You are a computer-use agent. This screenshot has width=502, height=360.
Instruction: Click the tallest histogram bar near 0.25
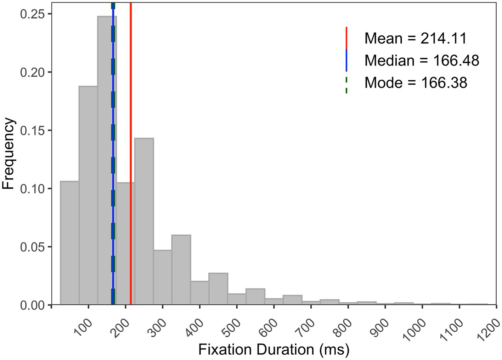click(x=103, y=159)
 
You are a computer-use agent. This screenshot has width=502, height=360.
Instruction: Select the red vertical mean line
click(x=131, y=106)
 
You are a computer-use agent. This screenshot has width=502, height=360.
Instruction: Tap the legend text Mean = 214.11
click(x=416, y=38)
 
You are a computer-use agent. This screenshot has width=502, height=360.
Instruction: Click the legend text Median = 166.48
click(x=422, y=61)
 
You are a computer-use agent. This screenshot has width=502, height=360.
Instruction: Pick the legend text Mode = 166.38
click(x=416, y=83)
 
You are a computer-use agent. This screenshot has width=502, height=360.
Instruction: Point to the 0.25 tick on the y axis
click(x=31, y=14)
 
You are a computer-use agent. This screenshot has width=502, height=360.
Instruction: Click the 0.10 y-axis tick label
click(x=31, y=189)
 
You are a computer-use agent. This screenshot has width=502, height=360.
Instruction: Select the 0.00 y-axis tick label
click(x=31, y=305)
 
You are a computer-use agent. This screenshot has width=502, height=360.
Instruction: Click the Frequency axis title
click(x=9, y=154)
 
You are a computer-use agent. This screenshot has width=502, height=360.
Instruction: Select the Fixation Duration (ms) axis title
click(x=273, y=350)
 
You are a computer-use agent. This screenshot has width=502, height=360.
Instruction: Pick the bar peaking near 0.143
click(x=144, y=221)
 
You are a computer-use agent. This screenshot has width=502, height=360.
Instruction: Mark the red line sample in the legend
click(x=346, y=38)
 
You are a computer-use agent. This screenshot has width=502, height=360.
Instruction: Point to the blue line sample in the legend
click(x=346, y=61)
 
